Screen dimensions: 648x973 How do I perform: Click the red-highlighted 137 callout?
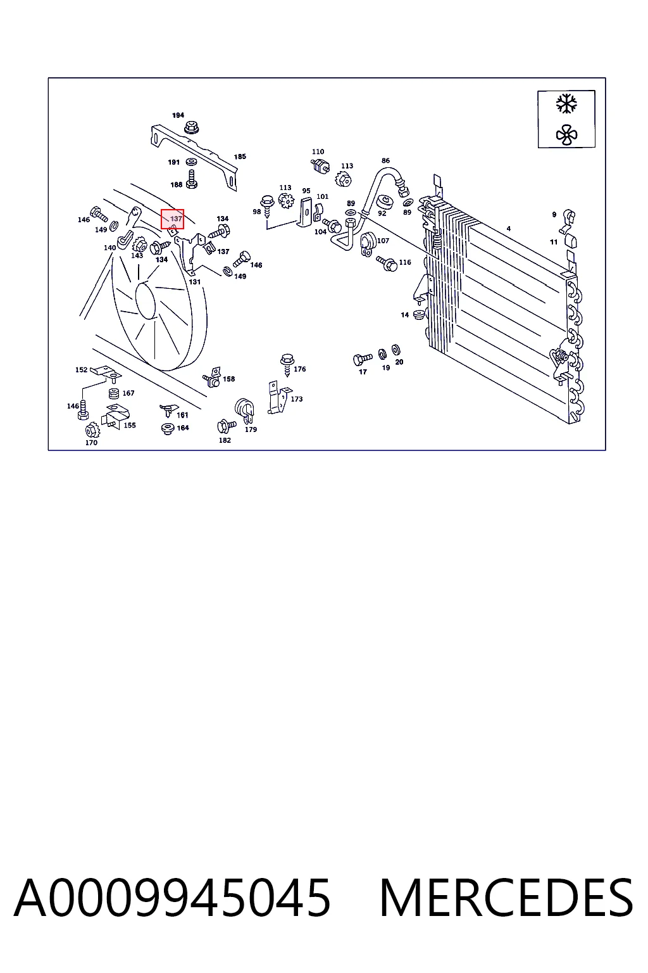[172, 219]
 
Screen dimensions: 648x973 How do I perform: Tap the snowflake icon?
[566, 105]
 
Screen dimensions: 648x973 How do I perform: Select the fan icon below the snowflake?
[566, 135]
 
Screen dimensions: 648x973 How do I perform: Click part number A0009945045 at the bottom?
[172, 898]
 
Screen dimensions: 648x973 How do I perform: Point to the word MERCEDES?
[506, 898]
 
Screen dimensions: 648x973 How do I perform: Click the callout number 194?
[178, 115]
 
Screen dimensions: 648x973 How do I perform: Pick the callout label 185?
[240, 156]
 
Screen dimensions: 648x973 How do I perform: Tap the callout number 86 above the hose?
[385, 161]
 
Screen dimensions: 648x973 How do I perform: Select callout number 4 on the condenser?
[509, 229]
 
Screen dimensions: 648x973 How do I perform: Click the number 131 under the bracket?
[195, 282]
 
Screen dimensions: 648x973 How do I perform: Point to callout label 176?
[300, 369]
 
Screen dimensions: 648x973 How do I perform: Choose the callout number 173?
[297, 398]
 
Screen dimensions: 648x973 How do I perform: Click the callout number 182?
[225, 440]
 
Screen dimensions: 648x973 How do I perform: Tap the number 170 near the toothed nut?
[91, 443]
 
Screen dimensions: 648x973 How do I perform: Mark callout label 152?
[81, 370]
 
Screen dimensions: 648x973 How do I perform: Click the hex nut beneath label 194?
[191, 127]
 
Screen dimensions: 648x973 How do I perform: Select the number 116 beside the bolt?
[405, 262]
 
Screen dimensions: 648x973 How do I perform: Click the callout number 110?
[318, 151]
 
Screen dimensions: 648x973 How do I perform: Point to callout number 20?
[399, 362]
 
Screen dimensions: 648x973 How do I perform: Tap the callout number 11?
[554, 242]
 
